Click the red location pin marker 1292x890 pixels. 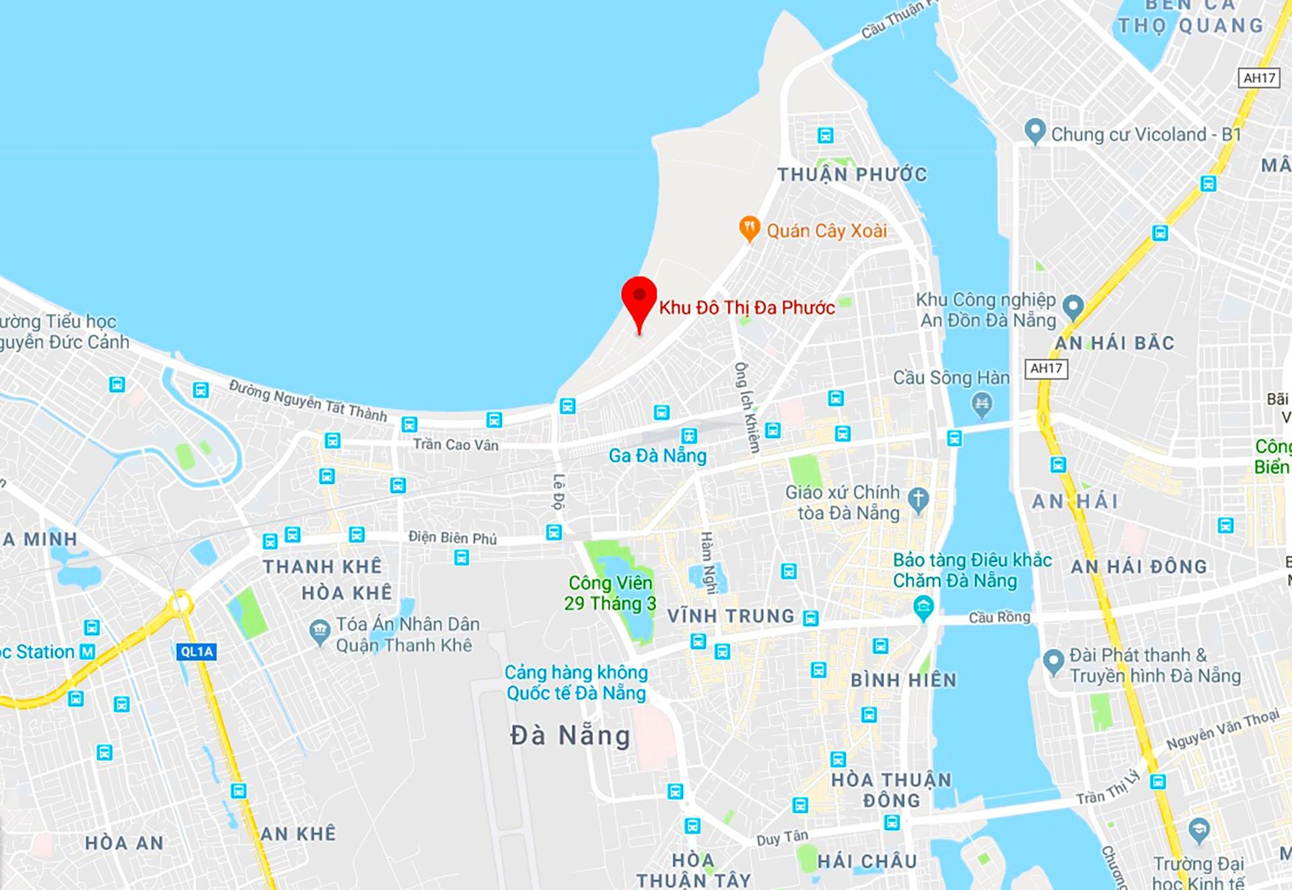click(639, 300)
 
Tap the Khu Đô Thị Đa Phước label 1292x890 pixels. click(747, 308)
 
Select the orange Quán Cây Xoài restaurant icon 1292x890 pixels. click(749, 228)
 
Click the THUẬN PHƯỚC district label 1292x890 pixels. click(852, 175)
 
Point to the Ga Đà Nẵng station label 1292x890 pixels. click(657, 456)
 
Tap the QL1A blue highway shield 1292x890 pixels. click(197, 652)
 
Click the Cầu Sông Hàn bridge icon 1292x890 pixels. click(982, 405)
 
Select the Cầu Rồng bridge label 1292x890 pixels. click(999, 617)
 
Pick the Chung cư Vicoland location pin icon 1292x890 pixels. click(1034, 131)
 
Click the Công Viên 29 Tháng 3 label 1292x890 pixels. click(610, 593)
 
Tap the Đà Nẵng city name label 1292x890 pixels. click(570, 735)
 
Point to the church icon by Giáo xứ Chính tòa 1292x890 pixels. click(918, 499)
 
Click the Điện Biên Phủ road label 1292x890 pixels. click(452, 537)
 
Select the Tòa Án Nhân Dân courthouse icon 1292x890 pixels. click(319, 631)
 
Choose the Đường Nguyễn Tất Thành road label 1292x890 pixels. click(308, 400)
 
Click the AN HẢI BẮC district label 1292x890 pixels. click(1114, 343)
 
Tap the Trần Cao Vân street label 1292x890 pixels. click(456, 444)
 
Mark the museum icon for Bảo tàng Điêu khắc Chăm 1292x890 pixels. click(923, 608)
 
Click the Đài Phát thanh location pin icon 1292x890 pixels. click(1053, 661)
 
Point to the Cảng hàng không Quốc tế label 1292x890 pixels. click(576, 683)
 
